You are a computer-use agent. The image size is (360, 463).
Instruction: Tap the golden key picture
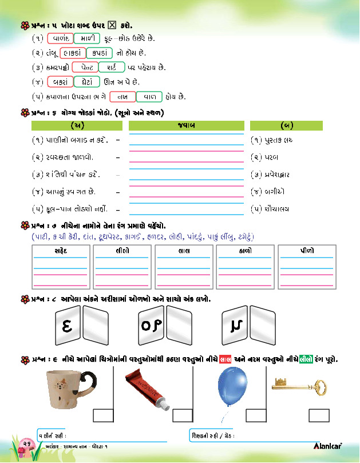292,383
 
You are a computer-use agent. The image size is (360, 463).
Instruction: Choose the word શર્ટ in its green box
112,68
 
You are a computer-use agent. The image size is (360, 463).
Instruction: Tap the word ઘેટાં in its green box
87,82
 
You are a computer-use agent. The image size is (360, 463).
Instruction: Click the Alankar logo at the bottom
328,445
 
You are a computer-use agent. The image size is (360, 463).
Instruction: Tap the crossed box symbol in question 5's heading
112,25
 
